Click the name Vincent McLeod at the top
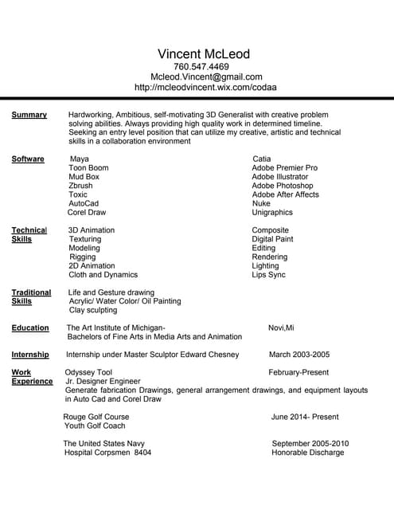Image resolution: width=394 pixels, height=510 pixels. coord(204,54)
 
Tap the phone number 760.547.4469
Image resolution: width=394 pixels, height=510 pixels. coord(201,67)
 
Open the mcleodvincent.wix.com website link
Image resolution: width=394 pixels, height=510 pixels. coord(205,87)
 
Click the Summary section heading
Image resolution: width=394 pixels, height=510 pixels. coord(29,115)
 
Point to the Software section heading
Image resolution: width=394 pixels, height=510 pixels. coord(28,159)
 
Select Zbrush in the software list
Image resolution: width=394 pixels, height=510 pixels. coord(80,186)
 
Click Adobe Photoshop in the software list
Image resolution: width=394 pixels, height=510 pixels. coord(283,186)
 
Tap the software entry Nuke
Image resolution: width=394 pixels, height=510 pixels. coord(261,203)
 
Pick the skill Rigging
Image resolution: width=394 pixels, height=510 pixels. coord(82,257)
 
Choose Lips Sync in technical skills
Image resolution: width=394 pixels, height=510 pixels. coord(268,275)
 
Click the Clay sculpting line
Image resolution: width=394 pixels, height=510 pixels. coord(92,310)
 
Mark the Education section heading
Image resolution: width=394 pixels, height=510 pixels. coord(30,328)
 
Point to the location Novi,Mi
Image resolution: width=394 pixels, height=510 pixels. coord(281,328)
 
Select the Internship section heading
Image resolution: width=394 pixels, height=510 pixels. coord(30,355)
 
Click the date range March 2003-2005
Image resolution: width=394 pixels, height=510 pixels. coord(299,355)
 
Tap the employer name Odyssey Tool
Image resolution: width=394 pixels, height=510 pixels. coord(88,372)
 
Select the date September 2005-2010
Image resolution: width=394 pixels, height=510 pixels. coord(310,443)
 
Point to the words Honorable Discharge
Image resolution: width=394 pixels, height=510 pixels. coord(308,453)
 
